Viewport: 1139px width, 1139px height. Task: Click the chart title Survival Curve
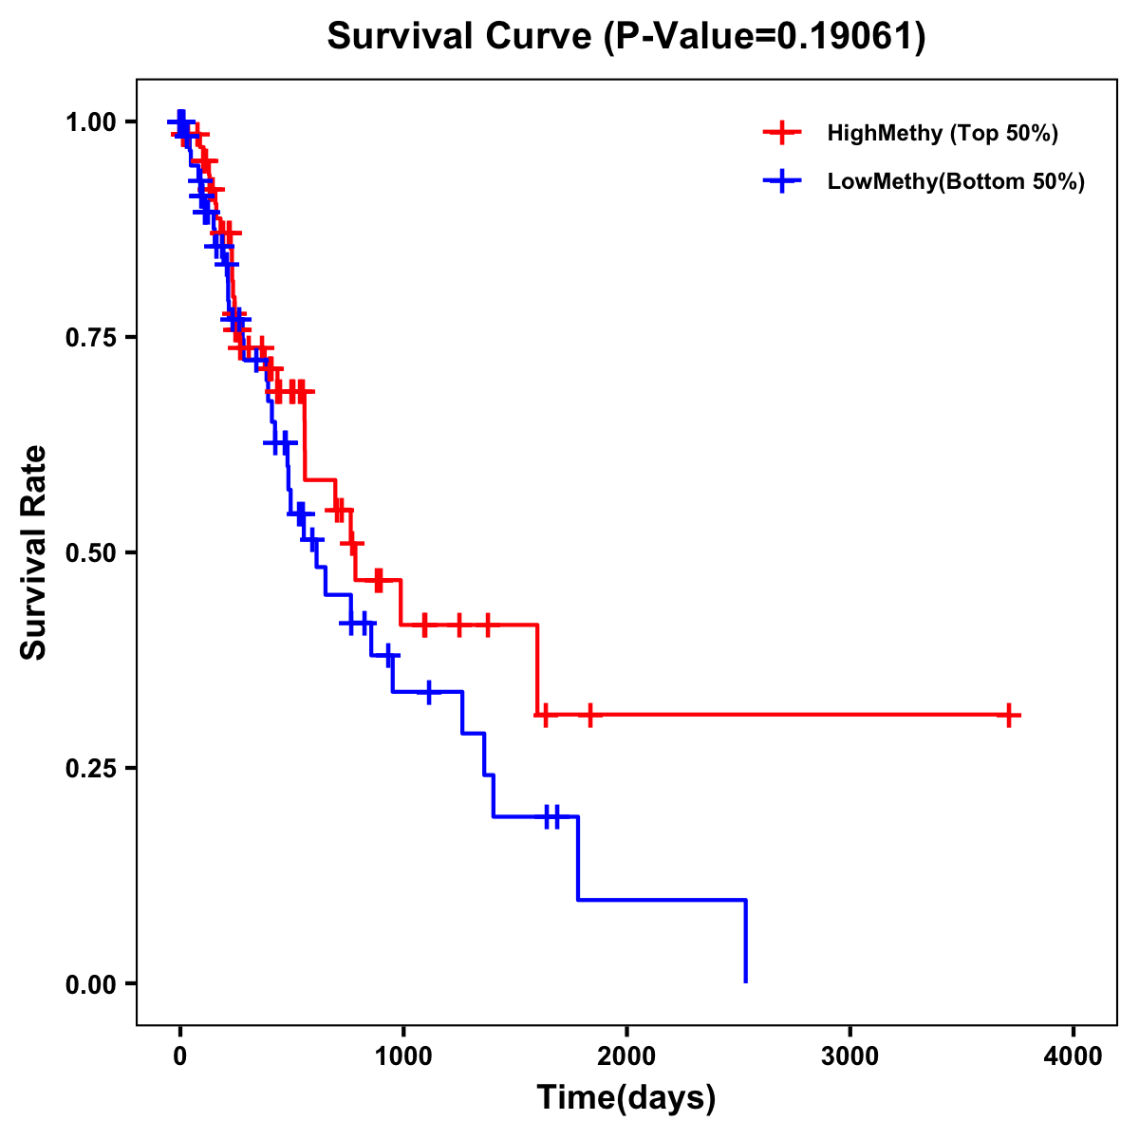coord(461,37)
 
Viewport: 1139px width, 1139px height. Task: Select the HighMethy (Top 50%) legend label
coord(942,133)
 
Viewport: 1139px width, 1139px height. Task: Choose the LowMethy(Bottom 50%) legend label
coord(956,181)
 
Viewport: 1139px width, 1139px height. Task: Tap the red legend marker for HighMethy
coord(782,133)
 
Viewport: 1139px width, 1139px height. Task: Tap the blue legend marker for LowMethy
coord(782,181)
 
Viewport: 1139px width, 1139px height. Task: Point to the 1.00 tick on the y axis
coord(91,122)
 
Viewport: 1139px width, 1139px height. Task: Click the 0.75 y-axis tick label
coord(91,338)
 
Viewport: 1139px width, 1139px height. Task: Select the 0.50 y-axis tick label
coord(91,553)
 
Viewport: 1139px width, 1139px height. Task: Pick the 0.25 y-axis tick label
coord(91,769)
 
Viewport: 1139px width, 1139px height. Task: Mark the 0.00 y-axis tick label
coord(91,984)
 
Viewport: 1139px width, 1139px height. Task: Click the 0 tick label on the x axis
coord(179,1056)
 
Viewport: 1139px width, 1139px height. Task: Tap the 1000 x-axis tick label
coord(402,1056)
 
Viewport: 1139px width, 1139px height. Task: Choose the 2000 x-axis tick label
coord(626,1056)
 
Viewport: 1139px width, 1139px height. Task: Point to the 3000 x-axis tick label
coord(850,1056)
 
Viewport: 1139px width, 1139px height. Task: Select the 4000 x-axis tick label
coord(1074,1056)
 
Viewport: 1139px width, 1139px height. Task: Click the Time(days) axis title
coord(626,1098)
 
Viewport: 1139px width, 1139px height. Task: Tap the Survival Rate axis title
coord(35,551)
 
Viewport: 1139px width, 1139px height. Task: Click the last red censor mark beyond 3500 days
coord(1010,715)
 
